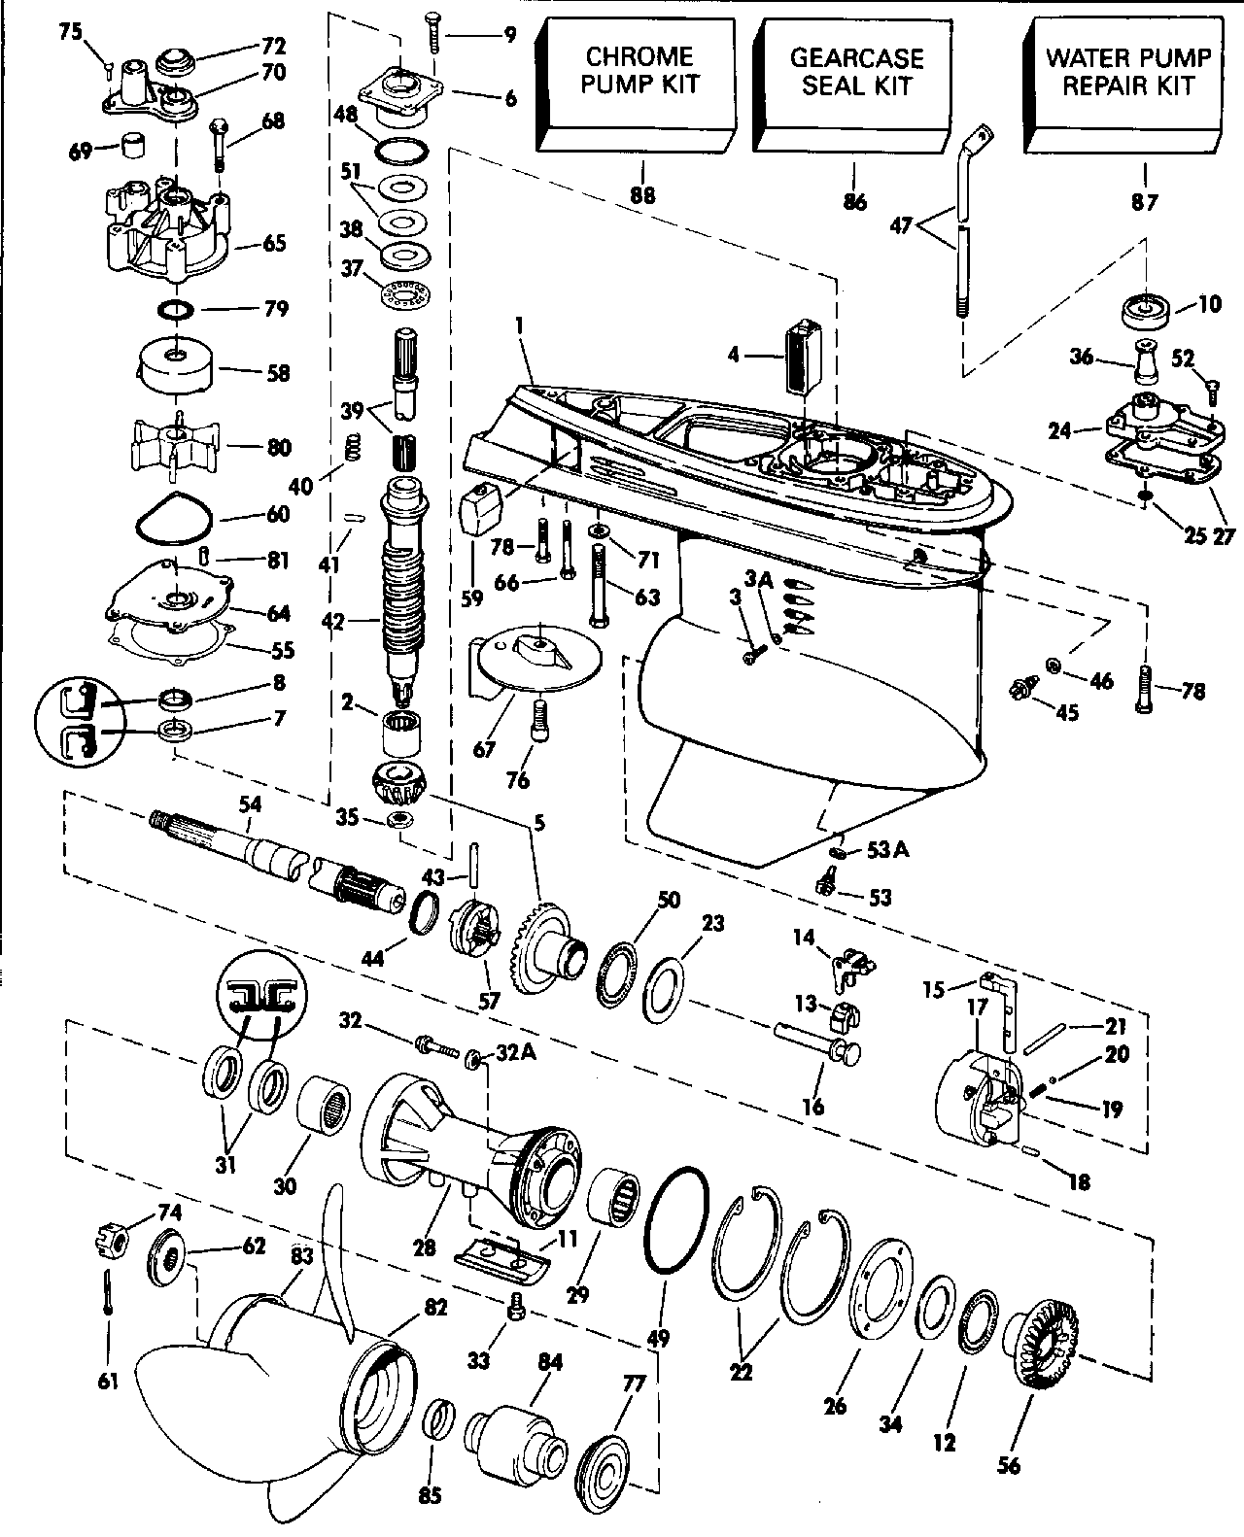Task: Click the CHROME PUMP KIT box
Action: tap(638, 85)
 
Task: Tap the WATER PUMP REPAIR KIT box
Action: tap(1123, 85)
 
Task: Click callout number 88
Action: tap(642, 195)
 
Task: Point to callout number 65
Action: tap(274, 243)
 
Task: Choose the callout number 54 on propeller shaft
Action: tap(250, 804)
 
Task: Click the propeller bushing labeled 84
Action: tap(511, 1443)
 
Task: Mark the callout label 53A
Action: tap(887, 850)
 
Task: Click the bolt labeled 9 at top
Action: tap(433, 32)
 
